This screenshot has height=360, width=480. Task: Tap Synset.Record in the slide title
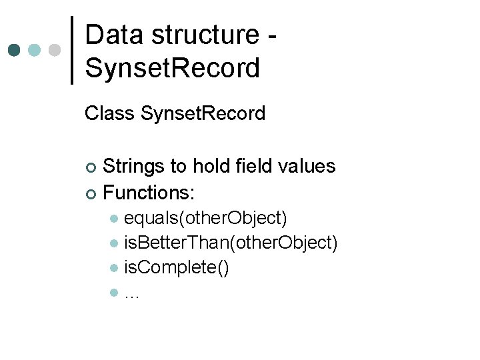173,67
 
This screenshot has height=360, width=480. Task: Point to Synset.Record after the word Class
203,114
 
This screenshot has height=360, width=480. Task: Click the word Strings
136,166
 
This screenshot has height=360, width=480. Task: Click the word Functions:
149,193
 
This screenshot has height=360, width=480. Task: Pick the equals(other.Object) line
206,219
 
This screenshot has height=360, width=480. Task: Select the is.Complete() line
177,268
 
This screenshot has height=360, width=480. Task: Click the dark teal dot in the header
15,50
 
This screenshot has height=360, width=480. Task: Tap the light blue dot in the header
35,50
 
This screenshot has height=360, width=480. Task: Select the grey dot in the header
55,50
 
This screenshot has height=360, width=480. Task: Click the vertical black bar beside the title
72,50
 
